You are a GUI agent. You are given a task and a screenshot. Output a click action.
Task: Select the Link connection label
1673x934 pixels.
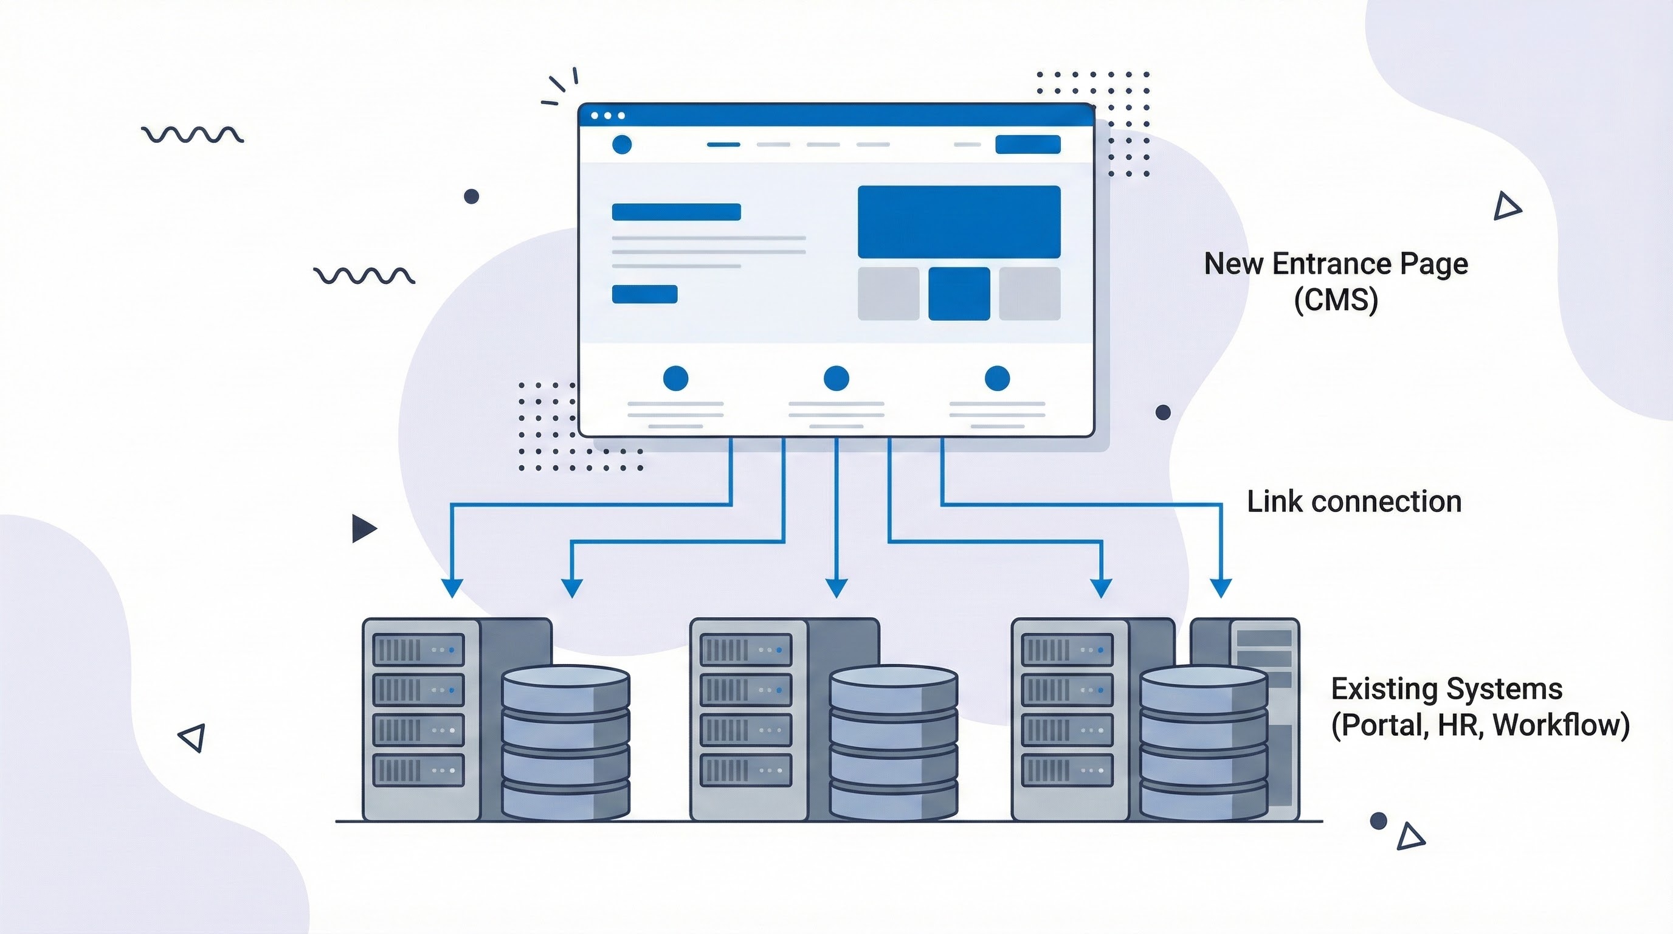1354,502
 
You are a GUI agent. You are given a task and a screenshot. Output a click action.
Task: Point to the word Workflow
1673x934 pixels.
1561,725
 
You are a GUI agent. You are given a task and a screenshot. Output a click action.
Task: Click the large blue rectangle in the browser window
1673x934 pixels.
959,221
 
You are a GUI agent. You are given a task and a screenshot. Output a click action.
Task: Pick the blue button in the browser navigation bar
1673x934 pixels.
1027,144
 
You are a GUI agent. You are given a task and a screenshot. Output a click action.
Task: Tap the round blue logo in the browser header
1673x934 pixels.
621,144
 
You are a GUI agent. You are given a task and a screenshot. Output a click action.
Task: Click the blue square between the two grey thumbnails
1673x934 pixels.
959,294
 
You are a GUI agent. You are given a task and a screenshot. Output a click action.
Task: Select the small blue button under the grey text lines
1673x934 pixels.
644,294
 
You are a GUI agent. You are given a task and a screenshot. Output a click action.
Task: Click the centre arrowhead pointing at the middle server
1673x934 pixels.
836,588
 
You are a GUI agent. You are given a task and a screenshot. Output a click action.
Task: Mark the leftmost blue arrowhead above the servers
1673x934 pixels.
452,588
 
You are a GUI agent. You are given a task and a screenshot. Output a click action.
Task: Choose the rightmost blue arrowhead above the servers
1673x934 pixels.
1221,588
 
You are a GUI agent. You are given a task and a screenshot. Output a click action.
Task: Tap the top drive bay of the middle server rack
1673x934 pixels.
745,649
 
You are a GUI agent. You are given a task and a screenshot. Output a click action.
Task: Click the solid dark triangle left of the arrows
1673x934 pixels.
362,528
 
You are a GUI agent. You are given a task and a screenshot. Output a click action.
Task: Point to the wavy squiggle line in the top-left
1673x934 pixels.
192,134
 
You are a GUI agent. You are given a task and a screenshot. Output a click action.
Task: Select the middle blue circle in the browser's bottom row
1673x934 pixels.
836,378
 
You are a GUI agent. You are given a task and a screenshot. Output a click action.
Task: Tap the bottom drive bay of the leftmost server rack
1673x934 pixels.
418,770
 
